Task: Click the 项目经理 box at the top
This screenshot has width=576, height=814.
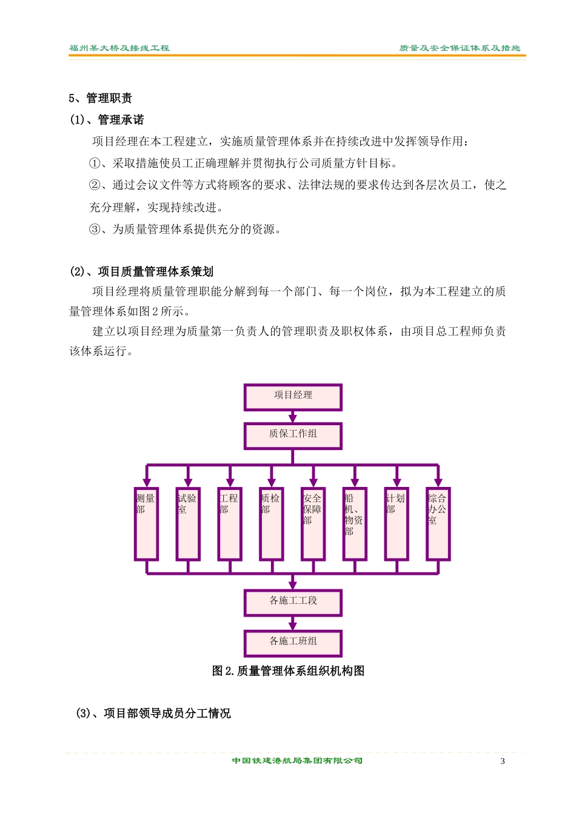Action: (x=293, y=397)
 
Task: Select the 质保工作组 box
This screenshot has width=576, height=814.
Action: (x=293, y=436)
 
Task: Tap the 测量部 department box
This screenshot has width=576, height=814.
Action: (x=147, y=524)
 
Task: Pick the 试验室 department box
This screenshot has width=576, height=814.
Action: (x=188, y=524)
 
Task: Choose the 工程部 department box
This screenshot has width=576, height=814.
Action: (x=230, y=524)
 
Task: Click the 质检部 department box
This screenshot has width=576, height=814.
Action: (x=272, y=524)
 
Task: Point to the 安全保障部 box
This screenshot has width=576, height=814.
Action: (x=313, y=524)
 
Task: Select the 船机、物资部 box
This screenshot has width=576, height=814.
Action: (x=355, y=524)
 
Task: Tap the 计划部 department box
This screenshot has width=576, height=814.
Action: (x=397, y=524)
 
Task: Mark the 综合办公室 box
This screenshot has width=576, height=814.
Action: (x=438, y=524)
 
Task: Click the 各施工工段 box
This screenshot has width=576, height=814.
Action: (x=293, y=603)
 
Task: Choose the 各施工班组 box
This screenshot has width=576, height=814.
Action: (x=293, y=643)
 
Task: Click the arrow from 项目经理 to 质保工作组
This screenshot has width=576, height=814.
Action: (x=293, y=417)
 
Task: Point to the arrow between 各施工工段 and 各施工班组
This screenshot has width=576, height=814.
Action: (x=293, y=623)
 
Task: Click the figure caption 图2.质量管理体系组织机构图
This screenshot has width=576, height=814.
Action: (x=288, y=671)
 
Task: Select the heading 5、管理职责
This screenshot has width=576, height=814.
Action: (x=100, y=98)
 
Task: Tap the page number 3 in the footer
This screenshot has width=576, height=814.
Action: (x=502, y=761)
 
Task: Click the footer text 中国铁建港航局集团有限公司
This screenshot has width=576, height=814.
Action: (x=297, y=761)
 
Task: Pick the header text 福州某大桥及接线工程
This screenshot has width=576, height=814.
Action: (x=119, y=48)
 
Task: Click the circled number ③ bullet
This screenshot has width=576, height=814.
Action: (x=95, y=230)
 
